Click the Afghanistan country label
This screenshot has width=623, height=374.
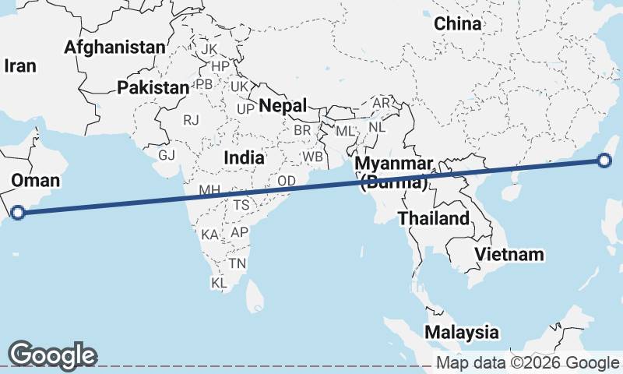114,48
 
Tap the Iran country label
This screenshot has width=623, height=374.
20,66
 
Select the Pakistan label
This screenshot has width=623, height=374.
153,88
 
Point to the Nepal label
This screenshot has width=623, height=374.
283,105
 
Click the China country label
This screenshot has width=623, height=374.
458,24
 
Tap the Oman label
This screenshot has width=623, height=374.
35,182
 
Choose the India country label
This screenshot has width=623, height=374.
243,157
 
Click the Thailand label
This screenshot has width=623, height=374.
434,218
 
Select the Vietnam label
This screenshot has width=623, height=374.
509,254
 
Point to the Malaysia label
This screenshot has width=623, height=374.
462,332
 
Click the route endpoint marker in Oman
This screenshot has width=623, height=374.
18,212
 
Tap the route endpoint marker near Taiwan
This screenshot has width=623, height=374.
605,161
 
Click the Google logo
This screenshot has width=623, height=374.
52,355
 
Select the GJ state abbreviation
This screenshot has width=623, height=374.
167,154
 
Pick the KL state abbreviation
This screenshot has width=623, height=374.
219,284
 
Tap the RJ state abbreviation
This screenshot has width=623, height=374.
191,120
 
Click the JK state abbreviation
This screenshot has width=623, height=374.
209,49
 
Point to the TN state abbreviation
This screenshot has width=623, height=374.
238,263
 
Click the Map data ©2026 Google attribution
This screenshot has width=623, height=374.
527,363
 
